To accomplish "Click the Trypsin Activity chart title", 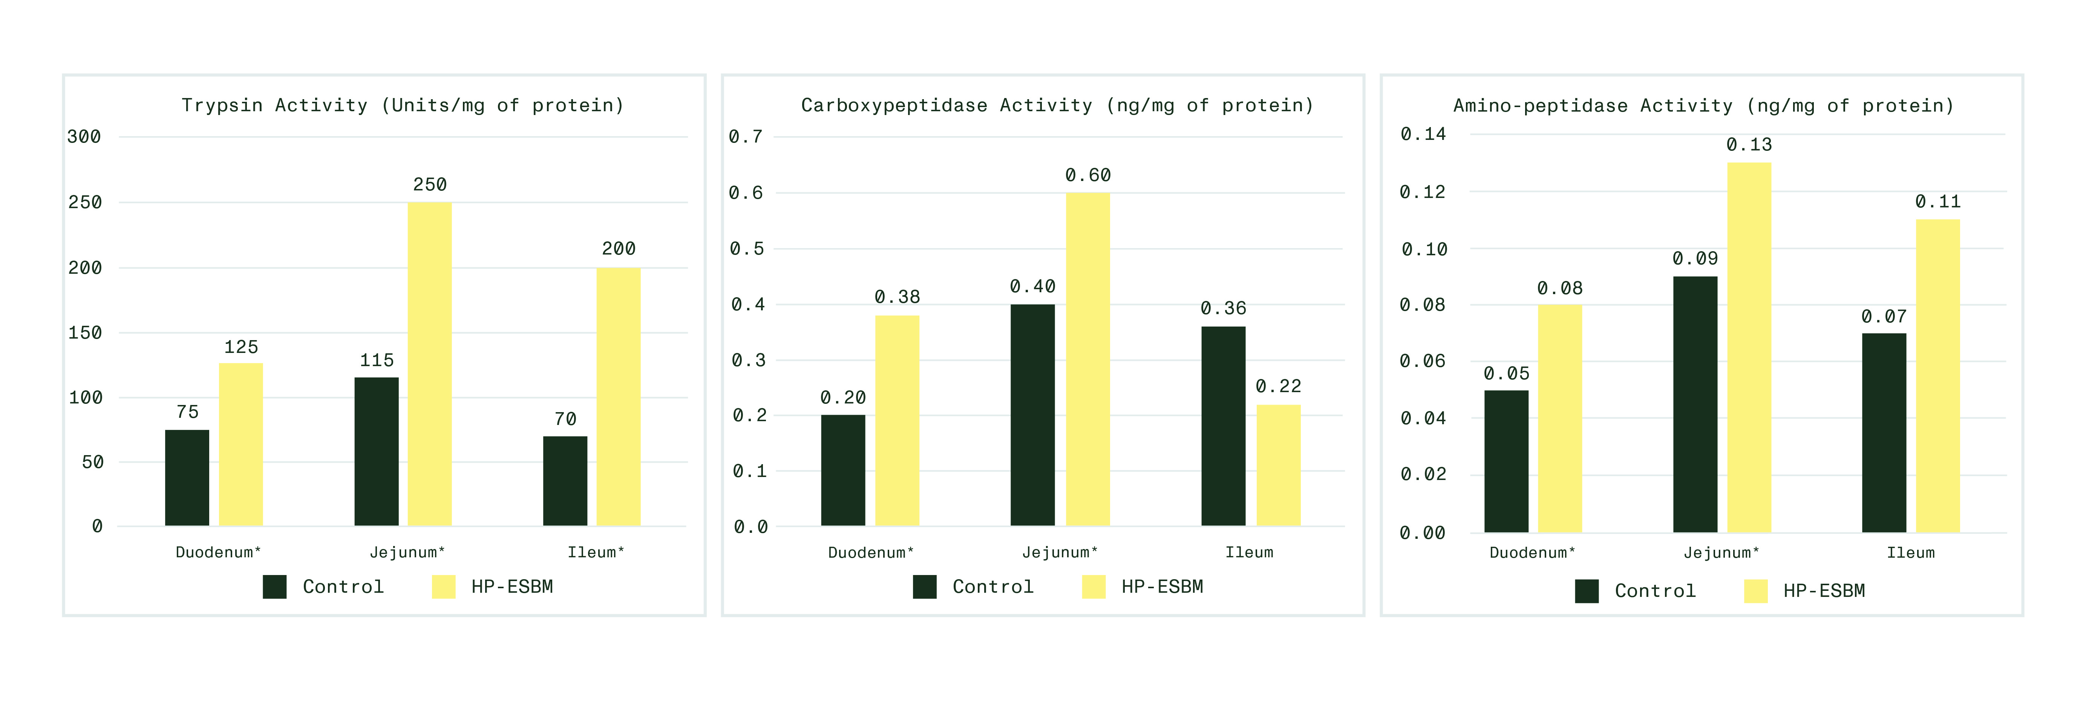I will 402,106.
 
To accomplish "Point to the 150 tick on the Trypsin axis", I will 85,333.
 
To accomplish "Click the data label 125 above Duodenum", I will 241,347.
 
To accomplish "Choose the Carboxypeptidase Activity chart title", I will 1057,106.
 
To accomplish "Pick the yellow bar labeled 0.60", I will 1087,359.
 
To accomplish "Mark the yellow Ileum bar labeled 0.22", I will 1278,465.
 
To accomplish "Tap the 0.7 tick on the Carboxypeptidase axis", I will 745,137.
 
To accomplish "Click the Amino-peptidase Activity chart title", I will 1703,106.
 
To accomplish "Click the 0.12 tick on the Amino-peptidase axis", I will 1423,192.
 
